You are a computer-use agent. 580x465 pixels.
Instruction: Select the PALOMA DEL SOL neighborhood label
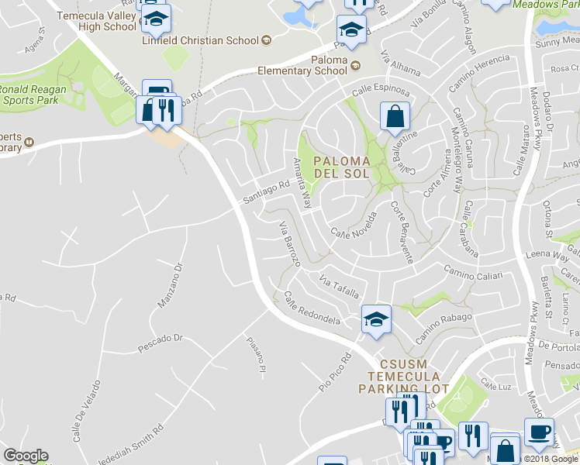click(x=347, y=167)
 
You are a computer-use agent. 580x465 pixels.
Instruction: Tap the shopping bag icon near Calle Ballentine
click(x=395, y=117)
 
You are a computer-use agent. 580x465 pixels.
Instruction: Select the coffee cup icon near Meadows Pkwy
click(x=539, y=432)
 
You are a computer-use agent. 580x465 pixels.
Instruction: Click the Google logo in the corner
click(x=26, y=456)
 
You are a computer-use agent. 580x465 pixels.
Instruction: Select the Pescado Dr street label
click(x=160, y=339)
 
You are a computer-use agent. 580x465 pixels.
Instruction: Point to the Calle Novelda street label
click(x=354, y=226)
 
